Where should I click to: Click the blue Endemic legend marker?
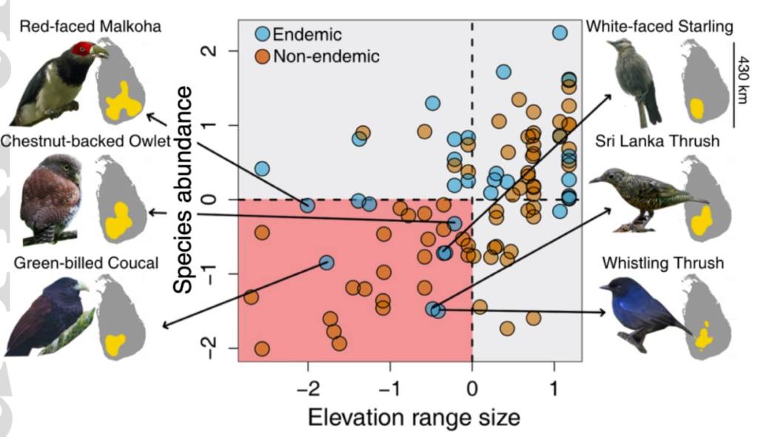[263, 33]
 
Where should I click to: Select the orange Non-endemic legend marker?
[263, 56]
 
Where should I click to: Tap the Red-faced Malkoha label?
[91, 27]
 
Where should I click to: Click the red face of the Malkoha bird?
[82, 50]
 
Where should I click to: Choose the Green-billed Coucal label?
[86, 263]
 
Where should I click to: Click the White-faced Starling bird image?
[635, 81]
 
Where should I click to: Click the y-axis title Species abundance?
[185, 188]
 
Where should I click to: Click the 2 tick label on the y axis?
[213, 50]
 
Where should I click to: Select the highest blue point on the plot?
[560, 33]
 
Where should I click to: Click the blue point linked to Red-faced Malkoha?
[307, 205]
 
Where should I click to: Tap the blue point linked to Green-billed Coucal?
[326, 262]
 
